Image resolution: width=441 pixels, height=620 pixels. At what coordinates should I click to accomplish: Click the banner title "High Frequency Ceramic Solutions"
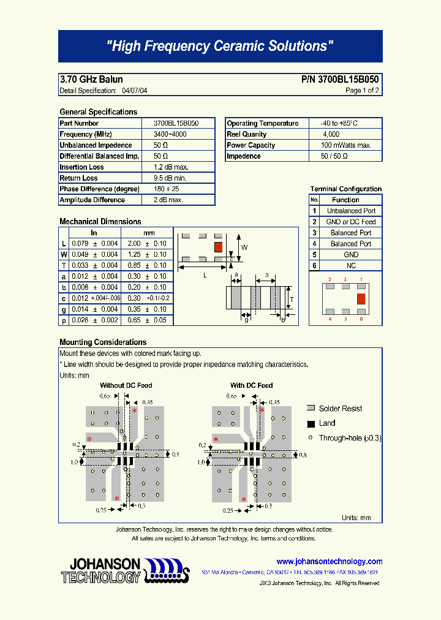tap(220, 47)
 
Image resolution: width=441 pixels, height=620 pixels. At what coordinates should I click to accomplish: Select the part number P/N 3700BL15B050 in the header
tap(340, 80)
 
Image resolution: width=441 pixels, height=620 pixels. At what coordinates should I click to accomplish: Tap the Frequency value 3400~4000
tap(170, 134)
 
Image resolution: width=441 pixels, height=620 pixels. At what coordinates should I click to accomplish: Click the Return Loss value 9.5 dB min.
tap(170, 178)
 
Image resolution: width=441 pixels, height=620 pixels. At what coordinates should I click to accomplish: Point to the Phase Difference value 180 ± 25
tap(166, 189)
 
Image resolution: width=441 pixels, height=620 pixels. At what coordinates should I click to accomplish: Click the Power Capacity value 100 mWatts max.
tap(346, 145)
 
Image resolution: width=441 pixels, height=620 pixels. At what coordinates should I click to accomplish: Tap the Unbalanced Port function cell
tap(351, 211)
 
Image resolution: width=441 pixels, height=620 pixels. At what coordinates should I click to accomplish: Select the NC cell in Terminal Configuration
tap(351, 265)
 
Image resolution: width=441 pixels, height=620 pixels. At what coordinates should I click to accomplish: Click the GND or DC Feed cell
tap(351, 222)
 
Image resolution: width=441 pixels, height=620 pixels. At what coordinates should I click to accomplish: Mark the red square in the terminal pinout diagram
tap(361, 298)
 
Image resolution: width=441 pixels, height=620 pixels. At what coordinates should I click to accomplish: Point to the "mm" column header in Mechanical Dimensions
tap(149, 233)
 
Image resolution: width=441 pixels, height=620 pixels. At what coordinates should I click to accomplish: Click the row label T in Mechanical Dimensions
tap(64, 265)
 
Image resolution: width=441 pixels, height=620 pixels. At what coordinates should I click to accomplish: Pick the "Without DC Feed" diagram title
tap(126, 385)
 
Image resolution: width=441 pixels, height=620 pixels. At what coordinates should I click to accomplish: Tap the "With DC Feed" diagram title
tap(251, 385)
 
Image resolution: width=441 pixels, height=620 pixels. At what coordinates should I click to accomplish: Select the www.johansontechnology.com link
tap(329, 561)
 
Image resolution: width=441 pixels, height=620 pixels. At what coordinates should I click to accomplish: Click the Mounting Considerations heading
tap(103, 342)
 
